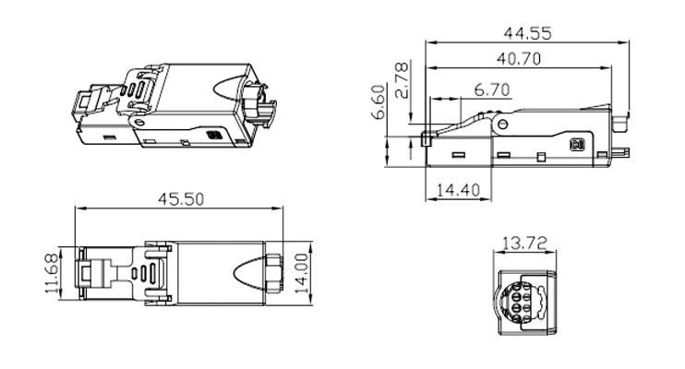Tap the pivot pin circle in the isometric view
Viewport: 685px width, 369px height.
[x=138, y=121]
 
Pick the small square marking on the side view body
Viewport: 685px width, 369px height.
[x=579, y=146]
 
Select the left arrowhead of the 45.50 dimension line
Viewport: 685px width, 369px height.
[x=78, y=211]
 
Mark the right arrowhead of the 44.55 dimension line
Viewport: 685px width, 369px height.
[x=627, y=42]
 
